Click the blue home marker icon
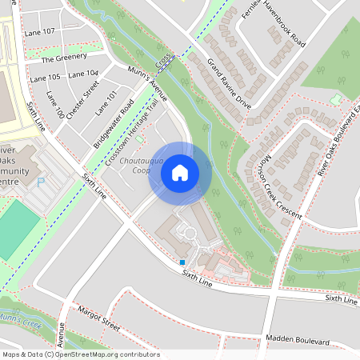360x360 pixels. [180, 173]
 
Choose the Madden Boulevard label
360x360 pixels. [298, 341]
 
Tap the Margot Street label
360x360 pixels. [98, 318]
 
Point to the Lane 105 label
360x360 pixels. [45, 77]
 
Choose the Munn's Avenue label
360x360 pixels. [146, 82]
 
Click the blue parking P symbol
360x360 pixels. [41, 182]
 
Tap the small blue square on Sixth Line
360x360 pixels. [182, 262]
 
